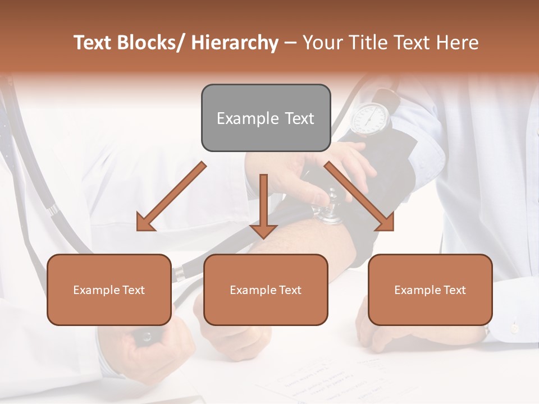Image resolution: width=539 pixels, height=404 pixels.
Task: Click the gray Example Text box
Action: pos(266,118)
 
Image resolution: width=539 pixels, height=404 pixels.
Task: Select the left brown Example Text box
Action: pos(109,290)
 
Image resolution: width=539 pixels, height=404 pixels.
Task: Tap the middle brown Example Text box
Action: pos(266,290)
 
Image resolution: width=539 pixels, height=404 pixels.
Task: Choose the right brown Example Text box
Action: pos(430,290)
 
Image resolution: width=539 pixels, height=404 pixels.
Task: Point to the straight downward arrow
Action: pos(263,208)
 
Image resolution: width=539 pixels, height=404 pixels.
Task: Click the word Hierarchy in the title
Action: pos(235,43)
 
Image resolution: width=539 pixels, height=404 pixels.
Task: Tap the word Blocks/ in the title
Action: pos(153,43)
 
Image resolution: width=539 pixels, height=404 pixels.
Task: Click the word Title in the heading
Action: pos(367,43)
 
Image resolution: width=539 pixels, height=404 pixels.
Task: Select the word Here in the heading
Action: pos(459,43)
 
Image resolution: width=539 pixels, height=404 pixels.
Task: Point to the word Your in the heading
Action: pos(322,43)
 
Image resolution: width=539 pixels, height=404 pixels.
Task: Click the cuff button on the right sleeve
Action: pos(514,327)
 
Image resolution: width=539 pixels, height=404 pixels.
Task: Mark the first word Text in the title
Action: pos(94,43)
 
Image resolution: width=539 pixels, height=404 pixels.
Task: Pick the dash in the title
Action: pos(290,43)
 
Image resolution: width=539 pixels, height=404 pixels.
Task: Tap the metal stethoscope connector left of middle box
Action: pos(180,274)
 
